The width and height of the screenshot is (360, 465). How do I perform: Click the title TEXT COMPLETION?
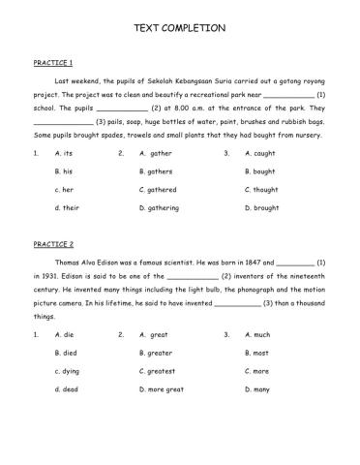pyautogui.click(x=179, y=28)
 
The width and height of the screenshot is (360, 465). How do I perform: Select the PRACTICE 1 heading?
pyautogui.click(x=54, y=62)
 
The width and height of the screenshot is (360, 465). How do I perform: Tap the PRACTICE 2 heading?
pyautogui.click(x=54, y=244)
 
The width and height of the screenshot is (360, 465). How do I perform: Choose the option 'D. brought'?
pyautogui.click(x=262, y=207)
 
